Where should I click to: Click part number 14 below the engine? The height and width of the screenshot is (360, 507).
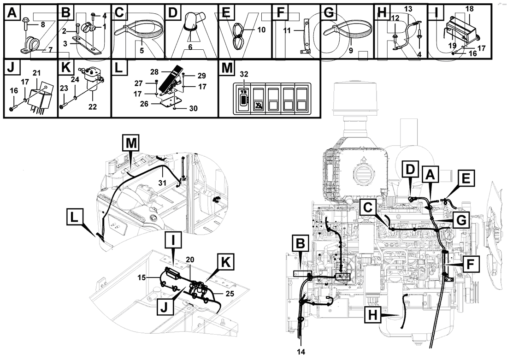[301, 351]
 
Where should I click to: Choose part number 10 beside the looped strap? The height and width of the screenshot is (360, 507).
[262, 30]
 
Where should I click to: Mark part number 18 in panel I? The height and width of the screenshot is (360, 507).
[469, 9]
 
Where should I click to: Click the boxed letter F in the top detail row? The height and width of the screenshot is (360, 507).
[279, 13]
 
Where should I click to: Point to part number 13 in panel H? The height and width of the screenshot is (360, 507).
[408, 9]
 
